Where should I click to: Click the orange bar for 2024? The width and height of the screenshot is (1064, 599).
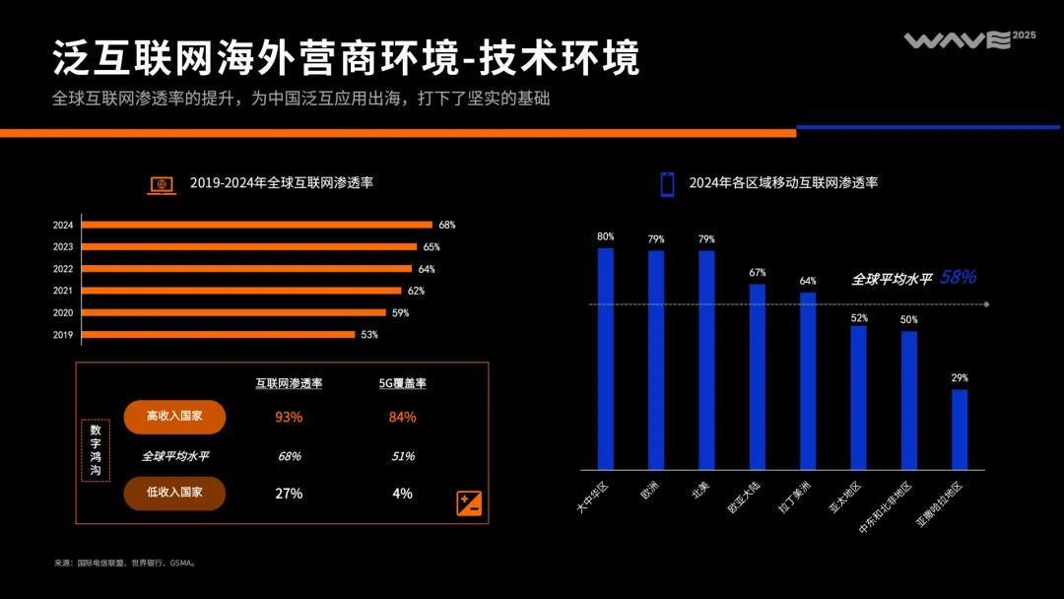(x=256, y=225)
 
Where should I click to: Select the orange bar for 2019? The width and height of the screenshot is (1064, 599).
(x=218, y=334)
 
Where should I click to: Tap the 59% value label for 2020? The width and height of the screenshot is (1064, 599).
(x=400, y=312)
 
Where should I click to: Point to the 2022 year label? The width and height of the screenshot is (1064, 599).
(x=63, y=269)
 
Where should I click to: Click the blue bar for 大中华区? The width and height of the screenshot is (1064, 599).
(x=605, y=359)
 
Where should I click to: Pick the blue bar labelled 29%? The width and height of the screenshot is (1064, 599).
(x=959, y=430)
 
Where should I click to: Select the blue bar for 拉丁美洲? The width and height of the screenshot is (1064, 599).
(x=807, y=380)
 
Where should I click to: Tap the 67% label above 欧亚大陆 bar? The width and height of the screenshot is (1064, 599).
(x=757, y=272)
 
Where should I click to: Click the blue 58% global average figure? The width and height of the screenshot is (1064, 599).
(x=958, y=278)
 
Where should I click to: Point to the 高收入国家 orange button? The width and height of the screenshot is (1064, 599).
(x=174, y=417)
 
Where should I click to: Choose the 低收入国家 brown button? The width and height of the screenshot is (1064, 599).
(x=174, y=493)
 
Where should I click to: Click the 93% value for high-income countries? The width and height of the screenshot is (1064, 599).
(x=289, y=417)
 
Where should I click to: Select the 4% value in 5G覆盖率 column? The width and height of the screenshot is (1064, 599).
(x=402, y=493)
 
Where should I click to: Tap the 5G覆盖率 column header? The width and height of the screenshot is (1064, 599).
(x=402, y=383)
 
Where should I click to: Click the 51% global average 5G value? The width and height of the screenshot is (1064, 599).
(x=402, y=456)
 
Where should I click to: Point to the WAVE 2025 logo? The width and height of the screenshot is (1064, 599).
(x=969, y=39)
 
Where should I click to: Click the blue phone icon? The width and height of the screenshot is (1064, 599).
(x=667, y=184)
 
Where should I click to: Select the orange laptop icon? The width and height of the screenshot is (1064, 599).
(x=162, y=184)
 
